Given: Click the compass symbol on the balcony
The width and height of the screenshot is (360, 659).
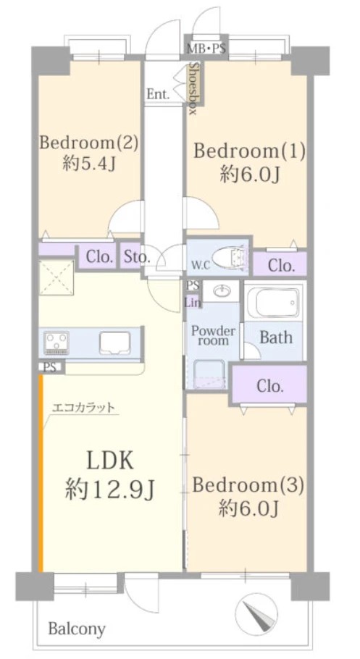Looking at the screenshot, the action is [256, 613].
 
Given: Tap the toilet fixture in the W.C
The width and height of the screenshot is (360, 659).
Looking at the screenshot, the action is [228, 258].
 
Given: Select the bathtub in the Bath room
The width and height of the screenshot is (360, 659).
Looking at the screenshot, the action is [274, 302].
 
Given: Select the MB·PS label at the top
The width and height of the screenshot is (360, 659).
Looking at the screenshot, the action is [206, 49].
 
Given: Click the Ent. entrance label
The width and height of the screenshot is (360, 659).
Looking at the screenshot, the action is [158, 95].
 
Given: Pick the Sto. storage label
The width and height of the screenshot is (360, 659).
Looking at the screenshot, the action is [137, 256].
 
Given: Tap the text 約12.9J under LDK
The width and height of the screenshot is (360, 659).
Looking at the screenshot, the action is [110, 490].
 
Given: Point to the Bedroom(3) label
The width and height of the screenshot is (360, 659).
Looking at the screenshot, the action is [248, 485].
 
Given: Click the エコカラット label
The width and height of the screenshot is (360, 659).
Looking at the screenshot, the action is [83, 407].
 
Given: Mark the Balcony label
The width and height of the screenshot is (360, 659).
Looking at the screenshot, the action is [77, 629].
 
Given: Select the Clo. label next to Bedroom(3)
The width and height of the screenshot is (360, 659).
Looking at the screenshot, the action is [270, 386].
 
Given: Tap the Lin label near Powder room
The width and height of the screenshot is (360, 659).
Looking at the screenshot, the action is [193, 302].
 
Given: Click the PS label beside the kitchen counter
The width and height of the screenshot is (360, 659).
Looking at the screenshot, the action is [50, 367].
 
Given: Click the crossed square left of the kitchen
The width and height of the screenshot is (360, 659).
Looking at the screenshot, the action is [56, 277].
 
